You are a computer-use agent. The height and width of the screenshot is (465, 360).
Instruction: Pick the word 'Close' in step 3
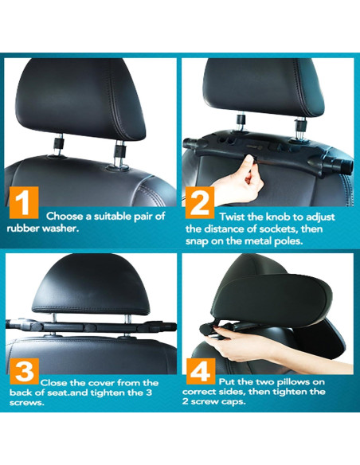pyautogui.click(x=57, y=383)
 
